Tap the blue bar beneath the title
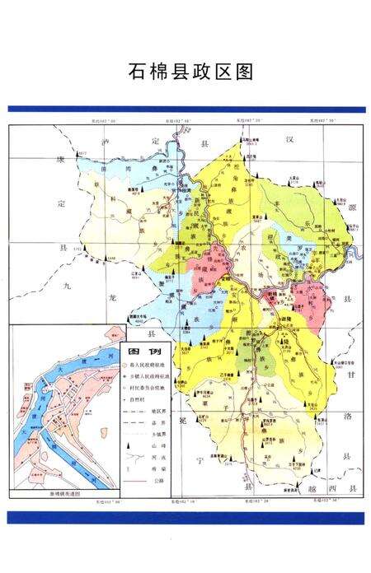(x=185, y=109)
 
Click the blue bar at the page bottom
(x=185, y=517)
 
